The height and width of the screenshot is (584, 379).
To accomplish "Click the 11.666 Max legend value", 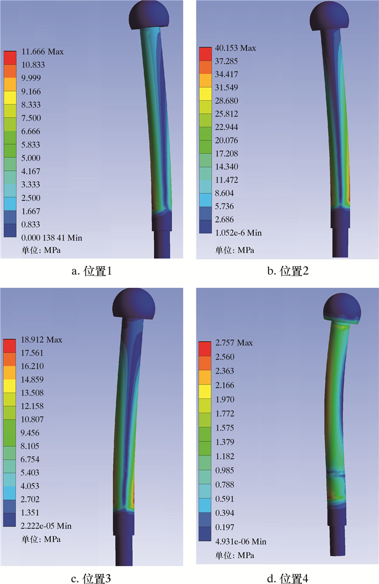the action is pyautogui.click(x=42, y=52).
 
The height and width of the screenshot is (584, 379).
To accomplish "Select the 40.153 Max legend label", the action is pyautogui.click(x=236, y=48).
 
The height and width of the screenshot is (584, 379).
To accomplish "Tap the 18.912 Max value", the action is pyautogui.click(x=41, y=339).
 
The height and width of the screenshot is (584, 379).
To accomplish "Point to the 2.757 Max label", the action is pyautogui.click(x=234, y=343).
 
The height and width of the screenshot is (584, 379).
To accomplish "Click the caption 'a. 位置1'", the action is pyautogui.click(x=92, y=271).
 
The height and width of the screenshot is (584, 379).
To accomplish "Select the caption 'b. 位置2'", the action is pyautogui.click(x=288, y=271).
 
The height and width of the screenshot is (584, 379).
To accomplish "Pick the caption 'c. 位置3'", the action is pyautogui.click(x=91, y=579).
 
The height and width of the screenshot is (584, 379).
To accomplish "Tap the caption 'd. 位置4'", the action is pyautogui.click(x=288, y=579).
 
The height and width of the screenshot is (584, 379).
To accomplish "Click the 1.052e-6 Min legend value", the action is pyautogui.click(x=238, y=233).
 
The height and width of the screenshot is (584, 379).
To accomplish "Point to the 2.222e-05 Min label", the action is pyautogui.click(x=46, y=526).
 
